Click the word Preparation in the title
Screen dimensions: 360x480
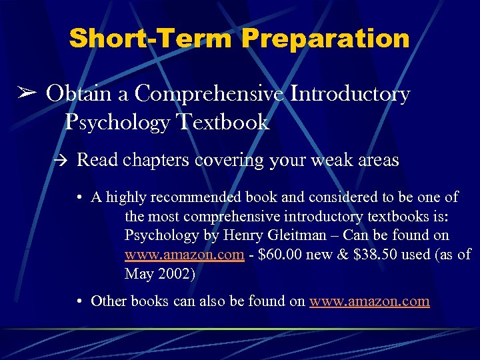326,39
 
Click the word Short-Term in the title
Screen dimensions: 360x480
151,39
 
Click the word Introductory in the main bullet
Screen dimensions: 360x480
350,94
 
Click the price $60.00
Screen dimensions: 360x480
286,255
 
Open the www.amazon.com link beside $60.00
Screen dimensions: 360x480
184,255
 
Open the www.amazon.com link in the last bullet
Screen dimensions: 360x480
369,301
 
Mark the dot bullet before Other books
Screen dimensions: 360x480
79,301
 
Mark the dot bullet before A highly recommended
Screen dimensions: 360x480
79,197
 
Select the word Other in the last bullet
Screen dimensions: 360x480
109,301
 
